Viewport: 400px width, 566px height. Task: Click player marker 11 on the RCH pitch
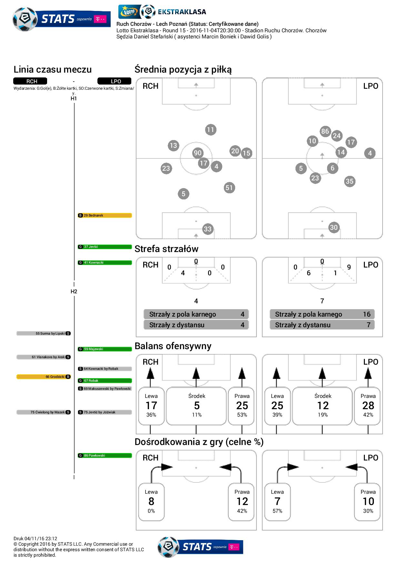point(210,130)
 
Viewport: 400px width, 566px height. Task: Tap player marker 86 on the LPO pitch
point(325,131)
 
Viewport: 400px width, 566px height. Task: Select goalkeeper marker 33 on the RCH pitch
point(207,229)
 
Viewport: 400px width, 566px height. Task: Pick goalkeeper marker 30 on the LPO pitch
point(334,227)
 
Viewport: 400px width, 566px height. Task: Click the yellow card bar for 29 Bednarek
point(105,215)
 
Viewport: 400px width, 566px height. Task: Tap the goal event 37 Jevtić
point(105,247)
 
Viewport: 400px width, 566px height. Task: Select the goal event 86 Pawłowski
point(105,456)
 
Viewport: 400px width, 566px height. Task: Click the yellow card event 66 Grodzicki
point(44,377)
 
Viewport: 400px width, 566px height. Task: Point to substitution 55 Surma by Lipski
point(44,333)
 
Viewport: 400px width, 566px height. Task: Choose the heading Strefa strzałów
point(166,249)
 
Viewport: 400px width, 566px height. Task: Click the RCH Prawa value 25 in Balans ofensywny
point(242,406)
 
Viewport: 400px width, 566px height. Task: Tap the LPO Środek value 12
point(323,406)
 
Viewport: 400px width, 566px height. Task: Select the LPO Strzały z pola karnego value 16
point(366,314)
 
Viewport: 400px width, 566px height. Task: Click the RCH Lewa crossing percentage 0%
point(151,511)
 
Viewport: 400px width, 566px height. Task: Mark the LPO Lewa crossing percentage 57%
point(277,511)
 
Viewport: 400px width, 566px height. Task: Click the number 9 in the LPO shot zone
point(349,267)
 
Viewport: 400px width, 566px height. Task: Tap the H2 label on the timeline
point(74,291)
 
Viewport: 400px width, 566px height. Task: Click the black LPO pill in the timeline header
point(114,81)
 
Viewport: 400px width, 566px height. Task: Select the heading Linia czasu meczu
point(53,69)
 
